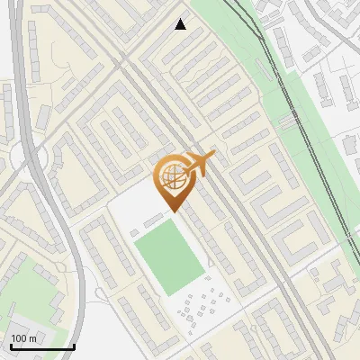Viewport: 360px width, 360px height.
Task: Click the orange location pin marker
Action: pos(173,176)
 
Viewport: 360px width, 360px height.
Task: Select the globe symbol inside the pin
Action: pos(172,175)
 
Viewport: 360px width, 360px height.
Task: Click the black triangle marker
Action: pos(181,24)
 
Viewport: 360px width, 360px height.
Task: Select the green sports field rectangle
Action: pos(169,256)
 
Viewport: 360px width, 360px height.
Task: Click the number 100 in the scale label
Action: pos(20,338)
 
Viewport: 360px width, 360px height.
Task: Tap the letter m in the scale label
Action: pos(32,338)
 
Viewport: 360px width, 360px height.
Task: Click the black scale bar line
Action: pos(41,346)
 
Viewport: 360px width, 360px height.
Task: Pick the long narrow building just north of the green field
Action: pos(155,220)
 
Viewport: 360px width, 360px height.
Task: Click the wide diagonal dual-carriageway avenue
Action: pos(216,180)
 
